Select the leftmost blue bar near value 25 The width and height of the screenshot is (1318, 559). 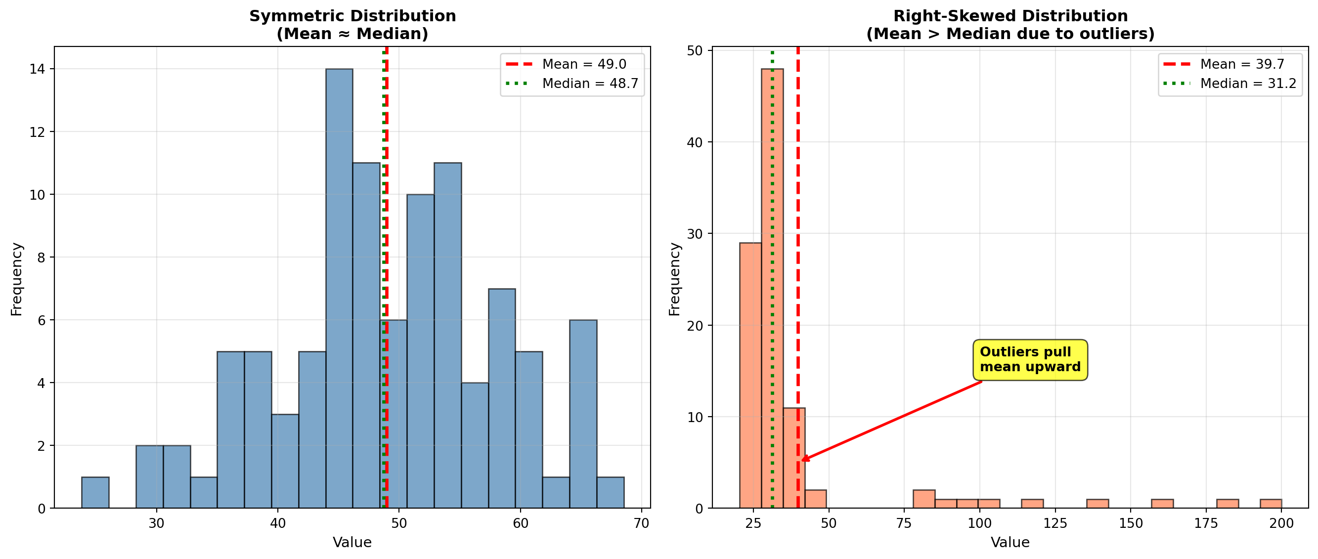click(95, 492)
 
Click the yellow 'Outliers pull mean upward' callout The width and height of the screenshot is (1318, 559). click(1029, 359)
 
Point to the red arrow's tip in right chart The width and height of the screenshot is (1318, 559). click(802, 460)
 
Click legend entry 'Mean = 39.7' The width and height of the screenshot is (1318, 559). click(1230, 64)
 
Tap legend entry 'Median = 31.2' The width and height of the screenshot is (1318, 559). click(1230, 84)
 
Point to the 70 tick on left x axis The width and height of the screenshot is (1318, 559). click(642, 523)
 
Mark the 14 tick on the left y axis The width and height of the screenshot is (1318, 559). click(37, 69)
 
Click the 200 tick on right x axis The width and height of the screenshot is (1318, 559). click(1281, 523)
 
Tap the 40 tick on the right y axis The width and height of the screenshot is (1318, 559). click(694, 142)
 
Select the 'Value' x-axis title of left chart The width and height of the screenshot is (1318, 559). click(352, 542)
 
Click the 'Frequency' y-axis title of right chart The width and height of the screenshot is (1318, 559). click(675, 279)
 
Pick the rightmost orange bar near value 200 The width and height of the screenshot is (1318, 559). click(1271, 503)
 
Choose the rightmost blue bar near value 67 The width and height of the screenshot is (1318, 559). click(610, 492)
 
